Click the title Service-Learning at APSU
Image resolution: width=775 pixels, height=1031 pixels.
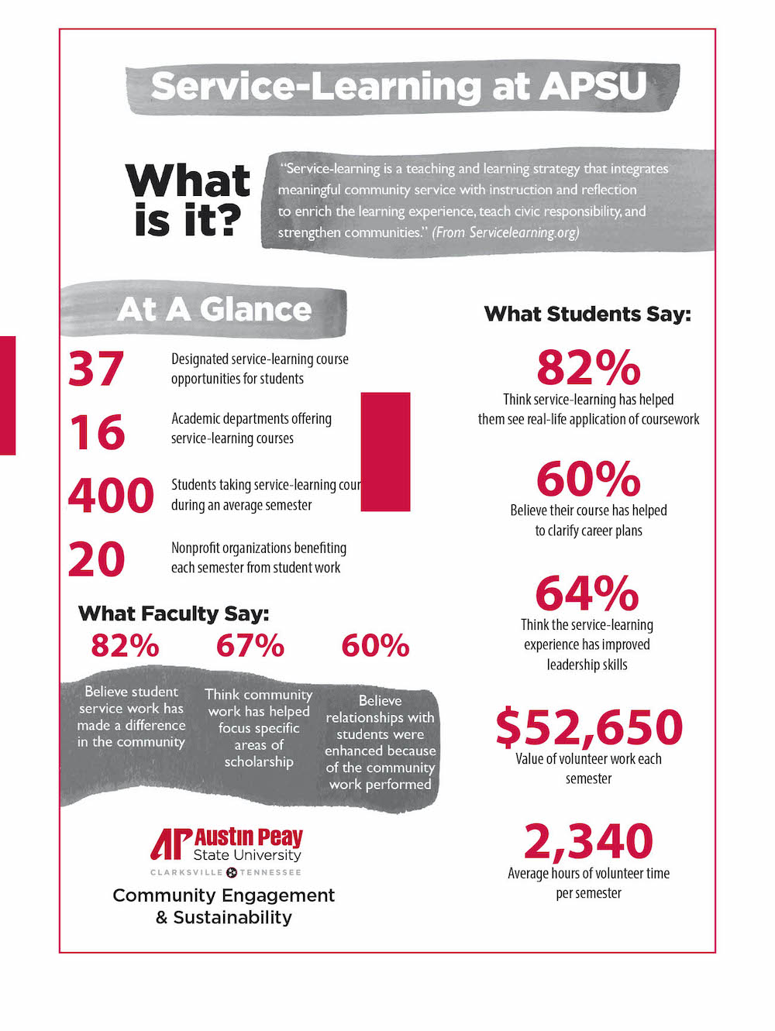(399, 86)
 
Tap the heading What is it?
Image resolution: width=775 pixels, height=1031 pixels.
(188, 200)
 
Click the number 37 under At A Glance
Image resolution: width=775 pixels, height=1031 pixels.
(96, 369)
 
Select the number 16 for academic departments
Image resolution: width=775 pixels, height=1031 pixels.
(98, 432)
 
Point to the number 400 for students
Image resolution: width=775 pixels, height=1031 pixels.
(112, 496)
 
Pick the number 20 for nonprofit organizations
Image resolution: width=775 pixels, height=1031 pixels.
(97, 559)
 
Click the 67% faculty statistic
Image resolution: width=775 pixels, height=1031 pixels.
(250, 645)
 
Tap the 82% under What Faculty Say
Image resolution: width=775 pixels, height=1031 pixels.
(125, 645)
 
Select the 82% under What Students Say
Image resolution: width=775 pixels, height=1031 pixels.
(588, 368)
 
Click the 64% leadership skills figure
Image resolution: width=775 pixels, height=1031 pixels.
(587, 593)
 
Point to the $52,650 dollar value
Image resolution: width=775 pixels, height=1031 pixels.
(589, 727)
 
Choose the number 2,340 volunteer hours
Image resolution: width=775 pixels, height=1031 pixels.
(588, 841)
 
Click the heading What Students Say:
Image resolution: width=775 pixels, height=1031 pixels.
(587, 314)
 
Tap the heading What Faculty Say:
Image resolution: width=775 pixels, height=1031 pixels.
(174, 613)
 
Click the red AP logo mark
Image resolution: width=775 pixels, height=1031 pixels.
(170, 844)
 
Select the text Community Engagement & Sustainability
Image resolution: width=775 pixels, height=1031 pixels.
(223, 906)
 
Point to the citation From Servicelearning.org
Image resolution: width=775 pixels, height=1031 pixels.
(505, 232)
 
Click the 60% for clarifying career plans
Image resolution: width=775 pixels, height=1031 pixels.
(588, 479)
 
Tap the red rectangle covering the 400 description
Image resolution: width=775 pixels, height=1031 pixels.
(385, 452)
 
